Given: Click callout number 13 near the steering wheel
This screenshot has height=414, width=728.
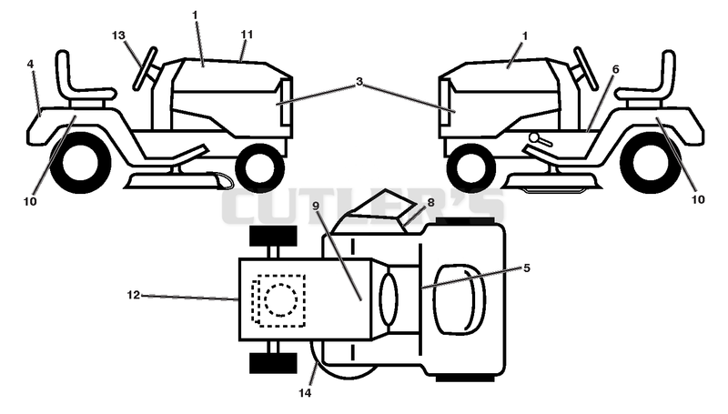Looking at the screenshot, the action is pos(119,35).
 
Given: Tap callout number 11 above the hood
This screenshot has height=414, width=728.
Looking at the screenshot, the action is pos(247,35).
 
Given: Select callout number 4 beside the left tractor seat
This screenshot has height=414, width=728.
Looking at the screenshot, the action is pos(30,64).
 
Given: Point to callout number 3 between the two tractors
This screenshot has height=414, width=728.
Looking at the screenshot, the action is pos(359,82).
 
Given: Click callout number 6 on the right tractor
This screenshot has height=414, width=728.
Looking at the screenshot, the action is pos(616,70).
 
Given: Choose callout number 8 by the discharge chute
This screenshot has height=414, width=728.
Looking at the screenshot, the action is pos(430,202).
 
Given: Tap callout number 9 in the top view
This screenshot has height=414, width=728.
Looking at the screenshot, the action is pos(316,205).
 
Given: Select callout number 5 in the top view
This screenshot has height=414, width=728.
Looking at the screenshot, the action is pos(527,268).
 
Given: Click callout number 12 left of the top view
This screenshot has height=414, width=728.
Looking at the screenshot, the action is pos(133,295).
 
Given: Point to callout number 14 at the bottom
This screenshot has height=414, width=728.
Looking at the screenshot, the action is pos(305,393).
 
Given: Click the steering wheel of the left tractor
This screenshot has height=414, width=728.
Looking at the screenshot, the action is pos(145,67).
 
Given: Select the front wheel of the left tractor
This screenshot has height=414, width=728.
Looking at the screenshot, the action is pos(260,167).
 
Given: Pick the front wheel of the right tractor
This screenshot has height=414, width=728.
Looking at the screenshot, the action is pos(470,167).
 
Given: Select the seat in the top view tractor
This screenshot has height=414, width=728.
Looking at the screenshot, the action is pos(460,299).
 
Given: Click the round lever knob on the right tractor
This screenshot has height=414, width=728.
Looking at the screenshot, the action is pos(535,137).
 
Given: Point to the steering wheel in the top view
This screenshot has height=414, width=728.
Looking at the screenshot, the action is pos(389,299).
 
